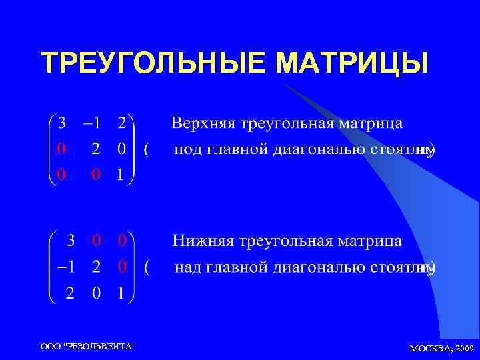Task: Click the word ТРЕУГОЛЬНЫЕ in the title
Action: tap(153, 63)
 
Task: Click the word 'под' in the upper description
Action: tap(188, 150)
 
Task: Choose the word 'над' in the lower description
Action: tap(188, 268)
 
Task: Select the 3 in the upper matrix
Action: tap(62, 123)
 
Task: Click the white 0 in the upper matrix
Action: tap(121, 149)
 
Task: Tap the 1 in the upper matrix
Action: tap(121, 175)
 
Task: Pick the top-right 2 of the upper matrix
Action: tap(121, 123)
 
